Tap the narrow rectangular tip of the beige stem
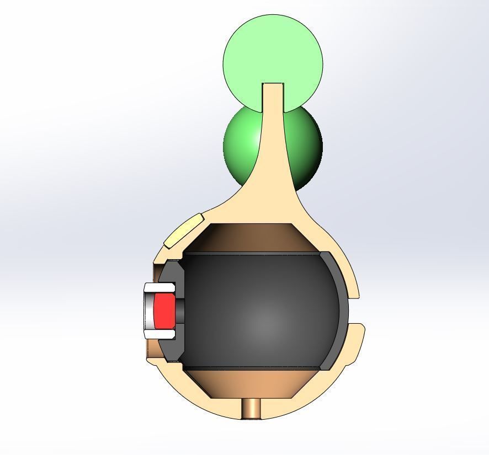pos(273,92)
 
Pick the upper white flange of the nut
pos(160,287)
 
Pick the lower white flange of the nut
pos(160,334)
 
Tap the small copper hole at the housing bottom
pos(252,409)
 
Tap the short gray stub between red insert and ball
pos(179,311)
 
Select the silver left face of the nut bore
pos(148,311)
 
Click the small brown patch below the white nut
pos(151,349)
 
